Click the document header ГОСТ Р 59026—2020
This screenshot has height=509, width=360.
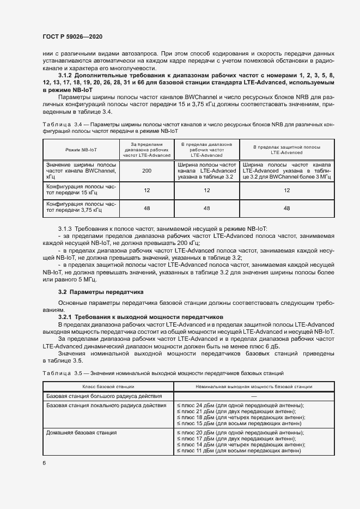point(73,36)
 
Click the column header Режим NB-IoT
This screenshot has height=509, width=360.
point(81,149)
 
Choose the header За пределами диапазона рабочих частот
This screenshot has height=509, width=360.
point(146,149)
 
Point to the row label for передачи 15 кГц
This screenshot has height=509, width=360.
point(81,191)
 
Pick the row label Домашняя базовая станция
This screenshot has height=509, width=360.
point(81,432)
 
